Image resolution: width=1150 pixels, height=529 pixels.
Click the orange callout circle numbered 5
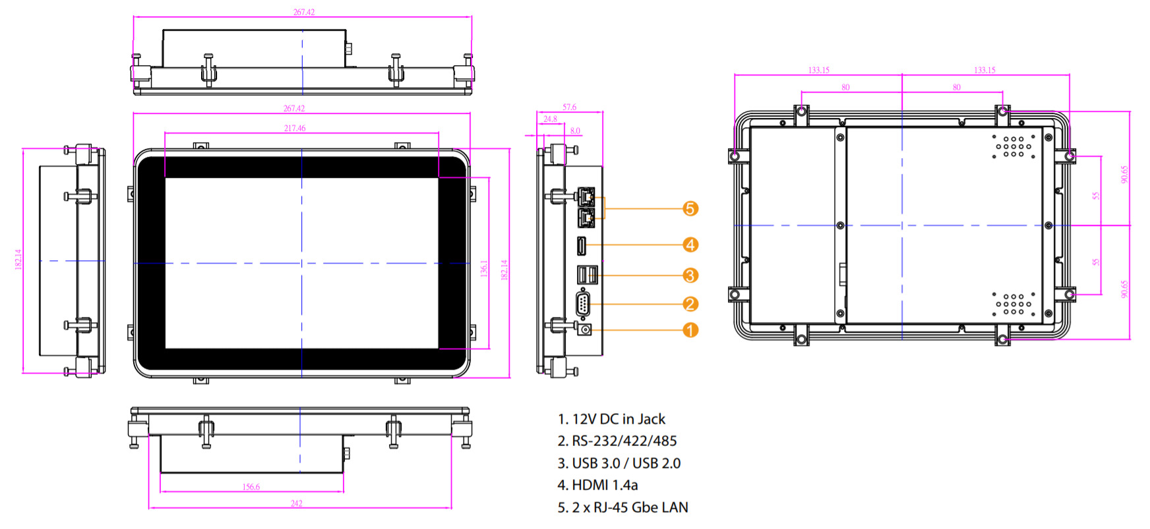(x=690, y=209)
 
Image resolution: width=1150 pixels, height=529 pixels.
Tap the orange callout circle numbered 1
(x=690, y=329)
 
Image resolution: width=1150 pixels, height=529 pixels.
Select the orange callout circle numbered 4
(x=690, y=245)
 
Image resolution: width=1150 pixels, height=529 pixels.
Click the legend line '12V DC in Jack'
(x=611, y=419)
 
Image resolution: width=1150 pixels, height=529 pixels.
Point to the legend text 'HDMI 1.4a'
(x=597, y=486)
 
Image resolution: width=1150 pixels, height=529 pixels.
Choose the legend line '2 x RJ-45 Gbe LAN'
(x=622, y=508)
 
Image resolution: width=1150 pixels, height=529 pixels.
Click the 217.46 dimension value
(x=295, y=128)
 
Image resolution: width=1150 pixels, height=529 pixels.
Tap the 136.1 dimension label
(x=484, y=268)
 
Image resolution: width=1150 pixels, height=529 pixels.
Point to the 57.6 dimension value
(x=569, y=107)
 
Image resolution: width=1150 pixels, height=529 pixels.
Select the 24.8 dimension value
(x=550, y=119)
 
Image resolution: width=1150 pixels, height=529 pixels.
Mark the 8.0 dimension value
(x=575, y=130)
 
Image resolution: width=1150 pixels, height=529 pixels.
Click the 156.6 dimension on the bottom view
(x=251, y=487)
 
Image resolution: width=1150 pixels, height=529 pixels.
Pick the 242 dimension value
(x=297, y=503)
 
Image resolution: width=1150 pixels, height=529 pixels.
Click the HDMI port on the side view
(x=582, y=246)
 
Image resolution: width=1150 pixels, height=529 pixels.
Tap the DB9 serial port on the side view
(x=583, y=304)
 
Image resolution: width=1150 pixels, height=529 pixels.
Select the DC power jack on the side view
(x=584, y=329)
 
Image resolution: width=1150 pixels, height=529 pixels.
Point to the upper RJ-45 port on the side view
(x=586, y=196)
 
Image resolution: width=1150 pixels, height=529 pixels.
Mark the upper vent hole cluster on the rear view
(x=1014, y=146)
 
